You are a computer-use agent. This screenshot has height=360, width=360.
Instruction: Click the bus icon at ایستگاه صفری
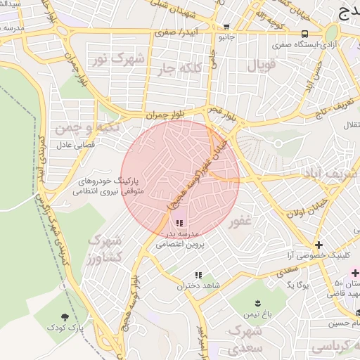(304, 34)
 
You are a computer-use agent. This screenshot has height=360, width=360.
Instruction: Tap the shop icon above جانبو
(225, 27)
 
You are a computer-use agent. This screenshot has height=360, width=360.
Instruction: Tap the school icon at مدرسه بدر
(178, 222)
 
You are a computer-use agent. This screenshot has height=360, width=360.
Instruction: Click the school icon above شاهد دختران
(198, 275)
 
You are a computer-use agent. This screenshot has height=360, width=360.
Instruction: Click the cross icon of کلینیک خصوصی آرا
(319, 245)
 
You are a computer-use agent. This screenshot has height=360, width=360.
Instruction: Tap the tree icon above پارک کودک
(65, 317)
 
